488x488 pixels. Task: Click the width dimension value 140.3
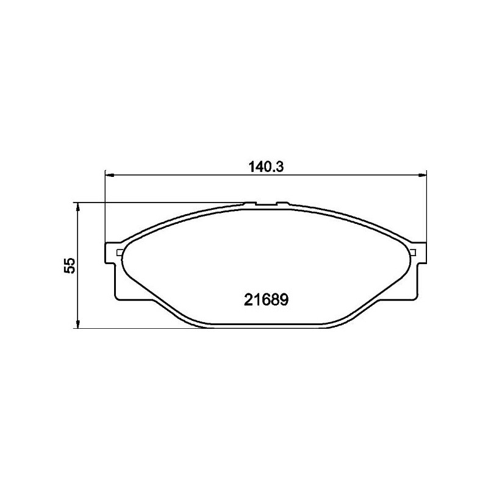(267, 167)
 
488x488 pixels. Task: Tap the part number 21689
(266, 300)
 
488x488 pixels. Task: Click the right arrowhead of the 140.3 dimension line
(422, 176)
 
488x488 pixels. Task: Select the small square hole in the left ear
(120, 253)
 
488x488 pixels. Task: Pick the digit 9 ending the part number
(283, 300)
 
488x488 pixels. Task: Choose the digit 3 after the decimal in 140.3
(283, 167)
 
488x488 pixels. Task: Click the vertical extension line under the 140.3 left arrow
(106, 213)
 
